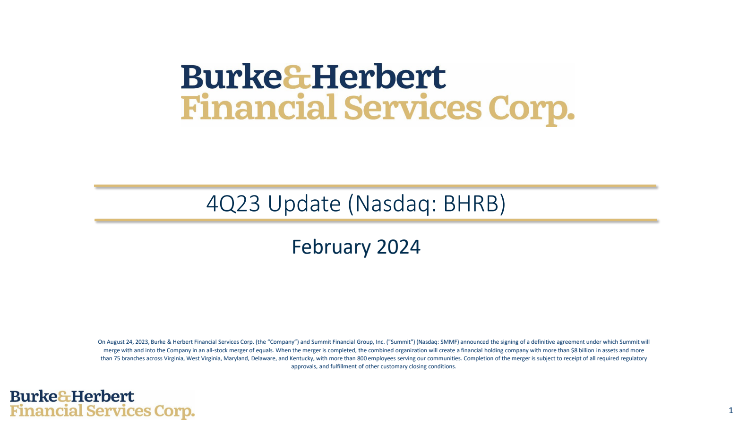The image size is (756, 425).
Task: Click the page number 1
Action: point(730,410)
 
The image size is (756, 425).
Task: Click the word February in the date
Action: point(331,247)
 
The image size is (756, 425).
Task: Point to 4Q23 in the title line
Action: point(233,204)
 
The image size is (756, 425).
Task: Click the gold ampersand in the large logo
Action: point(297,77)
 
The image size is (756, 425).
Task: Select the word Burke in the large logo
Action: point(232,76)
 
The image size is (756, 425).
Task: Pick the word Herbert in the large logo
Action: point(378,76)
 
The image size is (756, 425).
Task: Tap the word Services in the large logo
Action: point(413,107)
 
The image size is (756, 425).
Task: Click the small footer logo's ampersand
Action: point(64,397)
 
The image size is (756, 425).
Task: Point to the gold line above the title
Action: point(375,186)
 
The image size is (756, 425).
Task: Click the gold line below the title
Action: point(376,220)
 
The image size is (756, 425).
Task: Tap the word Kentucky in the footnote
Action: point(301,358)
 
